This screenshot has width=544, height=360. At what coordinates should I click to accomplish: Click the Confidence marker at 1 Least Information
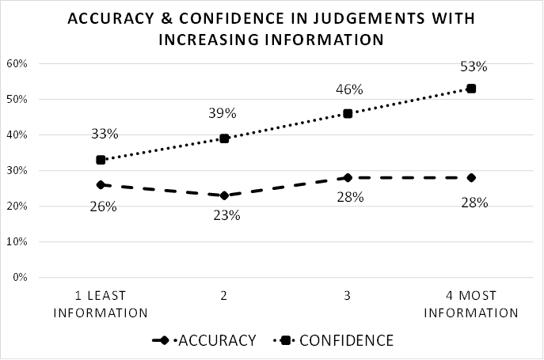[101, 160]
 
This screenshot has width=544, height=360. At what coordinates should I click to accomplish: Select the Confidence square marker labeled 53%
[471, 89]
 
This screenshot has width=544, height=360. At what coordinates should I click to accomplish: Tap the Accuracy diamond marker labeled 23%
[224, 195]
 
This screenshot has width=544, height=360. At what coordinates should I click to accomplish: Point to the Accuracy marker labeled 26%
[101, 184]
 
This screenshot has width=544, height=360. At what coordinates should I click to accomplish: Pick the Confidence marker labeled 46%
[348, 113]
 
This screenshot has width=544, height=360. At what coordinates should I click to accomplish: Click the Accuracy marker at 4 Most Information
[471, 177]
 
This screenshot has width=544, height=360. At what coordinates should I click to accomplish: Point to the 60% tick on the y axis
[17, 63]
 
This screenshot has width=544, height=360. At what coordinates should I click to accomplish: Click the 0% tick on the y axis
[20, 277]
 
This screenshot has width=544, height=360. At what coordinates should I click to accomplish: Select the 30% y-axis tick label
[17, 170]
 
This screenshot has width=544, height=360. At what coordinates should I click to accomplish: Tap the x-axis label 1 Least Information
[101, 304]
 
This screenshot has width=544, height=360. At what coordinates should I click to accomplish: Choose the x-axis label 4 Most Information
[471, 304]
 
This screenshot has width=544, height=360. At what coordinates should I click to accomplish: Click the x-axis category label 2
[224, 296]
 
